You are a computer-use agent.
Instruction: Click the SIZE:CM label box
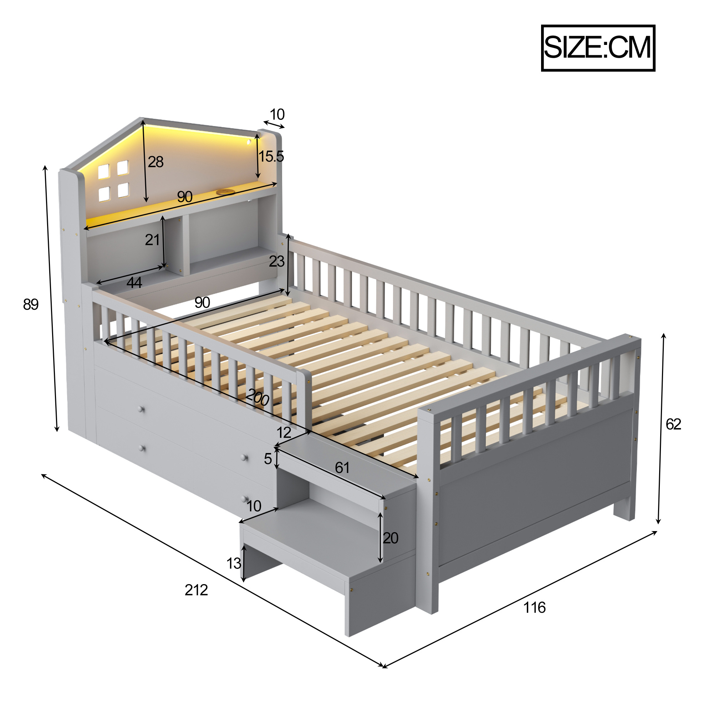[598, 48]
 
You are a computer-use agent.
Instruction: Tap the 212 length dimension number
[196, 590]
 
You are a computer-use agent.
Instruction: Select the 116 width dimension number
[534, 607]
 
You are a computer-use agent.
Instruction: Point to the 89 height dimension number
[31, 304]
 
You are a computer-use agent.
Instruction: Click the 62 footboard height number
[673, 424]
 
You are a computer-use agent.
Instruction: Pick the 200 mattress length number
[258, 397]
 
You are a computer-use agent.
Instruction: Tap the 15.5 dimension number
[271, 156]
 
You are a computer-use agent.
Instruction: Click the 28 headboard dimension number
[156, 162]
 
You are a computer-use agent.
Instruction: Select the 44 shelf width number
[134, 283]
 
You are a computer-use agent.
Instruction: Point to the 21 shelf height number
[152, 240]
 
